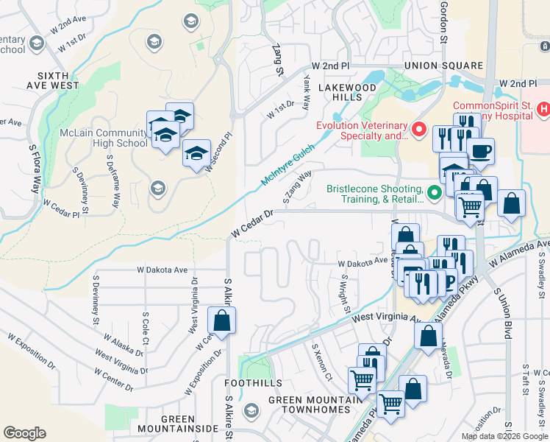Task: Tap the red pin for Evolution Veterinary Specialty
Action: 419,130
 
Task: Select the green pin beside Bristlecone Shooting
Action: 435,193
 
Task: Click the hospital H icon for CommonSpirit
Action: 543,110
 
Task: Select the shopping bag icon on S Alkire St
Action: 221,321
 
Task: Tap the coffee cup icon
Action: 481,152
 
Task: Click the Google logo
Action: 25,433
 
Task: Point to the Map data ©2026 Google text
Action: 504,436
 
